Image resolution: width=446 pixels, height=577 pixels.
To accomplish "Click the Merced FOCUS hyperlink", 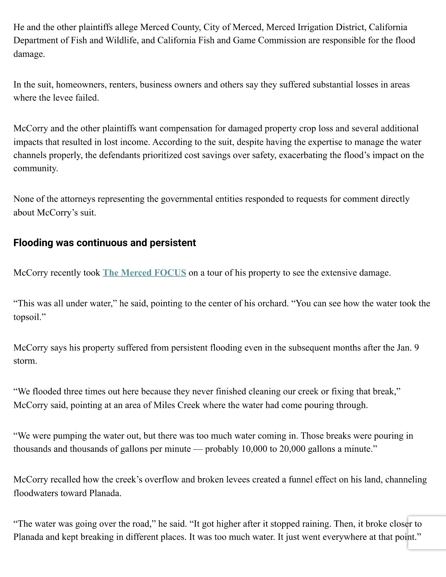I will pyautogui.click(x=144, y=273).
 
